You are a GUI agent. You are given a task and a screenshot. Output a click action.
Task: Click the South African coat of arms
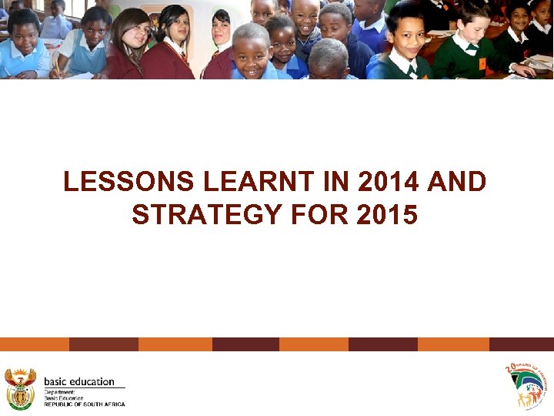(x=20, y=388)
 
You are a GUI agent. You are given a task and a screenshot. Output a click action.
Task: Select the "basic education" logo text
(x=79, y=381)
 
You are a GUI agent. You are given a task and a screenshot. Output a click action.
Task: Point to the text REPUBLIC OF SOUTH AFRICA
(x=84, y=404)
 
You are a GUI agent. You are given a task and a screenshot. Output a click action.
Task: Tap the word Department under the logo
(x=59, y=392)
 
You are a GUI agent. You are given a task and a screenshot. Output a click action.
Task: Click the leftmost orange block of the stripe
(x=34, y=344)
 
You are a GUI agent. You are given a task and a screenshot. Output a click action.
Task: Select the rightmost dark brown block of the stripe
(x=521, y=344)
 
